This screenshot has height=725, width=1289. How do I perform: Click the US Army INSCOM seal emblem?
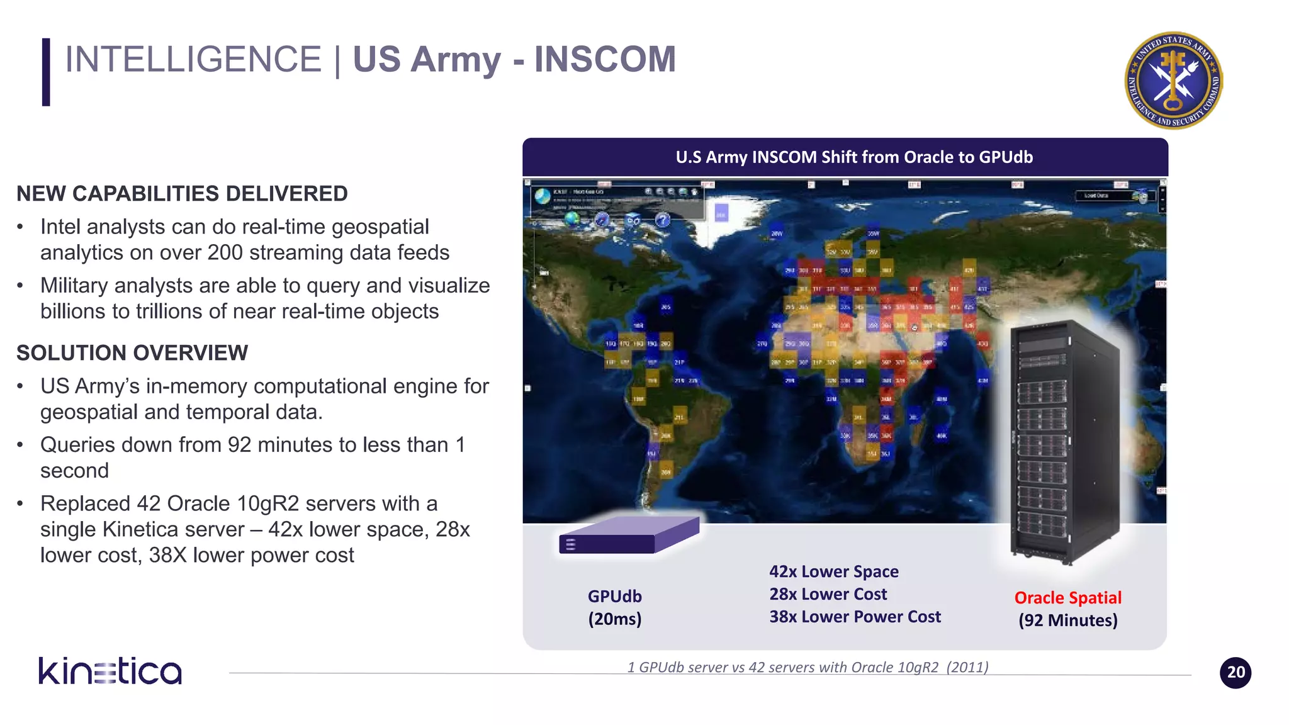point(1173,81)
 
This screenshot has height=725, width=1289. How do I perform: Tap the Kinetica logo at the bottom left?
point(110,671)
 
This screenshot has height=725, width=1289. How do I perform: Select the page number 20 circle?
point(1235,672)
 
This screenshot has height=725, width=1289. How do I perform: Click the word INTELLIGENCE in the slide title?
point(193,60)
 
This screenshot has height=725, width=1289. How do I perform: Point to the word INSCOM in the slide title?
point(605,60)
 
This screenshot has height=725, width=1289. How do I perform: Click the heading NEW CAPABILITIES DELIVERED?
point(182,194)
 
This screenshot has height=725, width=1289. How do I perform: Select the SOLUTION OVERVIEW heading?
point(132,353)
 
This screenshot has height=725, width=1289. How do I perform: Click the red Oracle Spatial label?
point(1067,597)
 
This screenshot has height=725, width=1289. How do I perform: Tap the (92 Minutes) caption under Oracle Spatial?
point(1067,621)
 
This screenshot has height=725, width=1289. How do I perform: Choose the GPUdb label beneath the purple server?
point(614,596)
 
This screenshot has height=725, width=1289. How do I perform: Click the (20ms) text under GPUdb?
point(614,619)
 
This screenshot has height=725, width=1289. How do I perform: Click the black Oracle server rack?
point(1064,441)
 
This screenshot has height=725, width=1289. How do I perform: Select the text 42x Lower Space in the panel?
point(833,571)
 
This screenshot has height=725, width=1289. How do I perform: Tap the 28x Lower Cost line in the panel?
point(828,594)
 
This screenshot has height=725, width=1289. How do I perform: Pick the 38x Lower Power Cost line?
point(855,617)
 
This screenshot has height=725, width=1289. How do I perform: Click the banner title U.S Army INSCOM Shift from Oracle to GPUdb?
point(854,157)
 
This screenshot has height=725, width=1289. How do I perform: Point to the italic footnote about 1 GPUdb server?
point(808,667)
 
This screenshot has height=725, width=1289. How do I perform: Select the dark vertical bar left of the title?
point(46,72)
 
